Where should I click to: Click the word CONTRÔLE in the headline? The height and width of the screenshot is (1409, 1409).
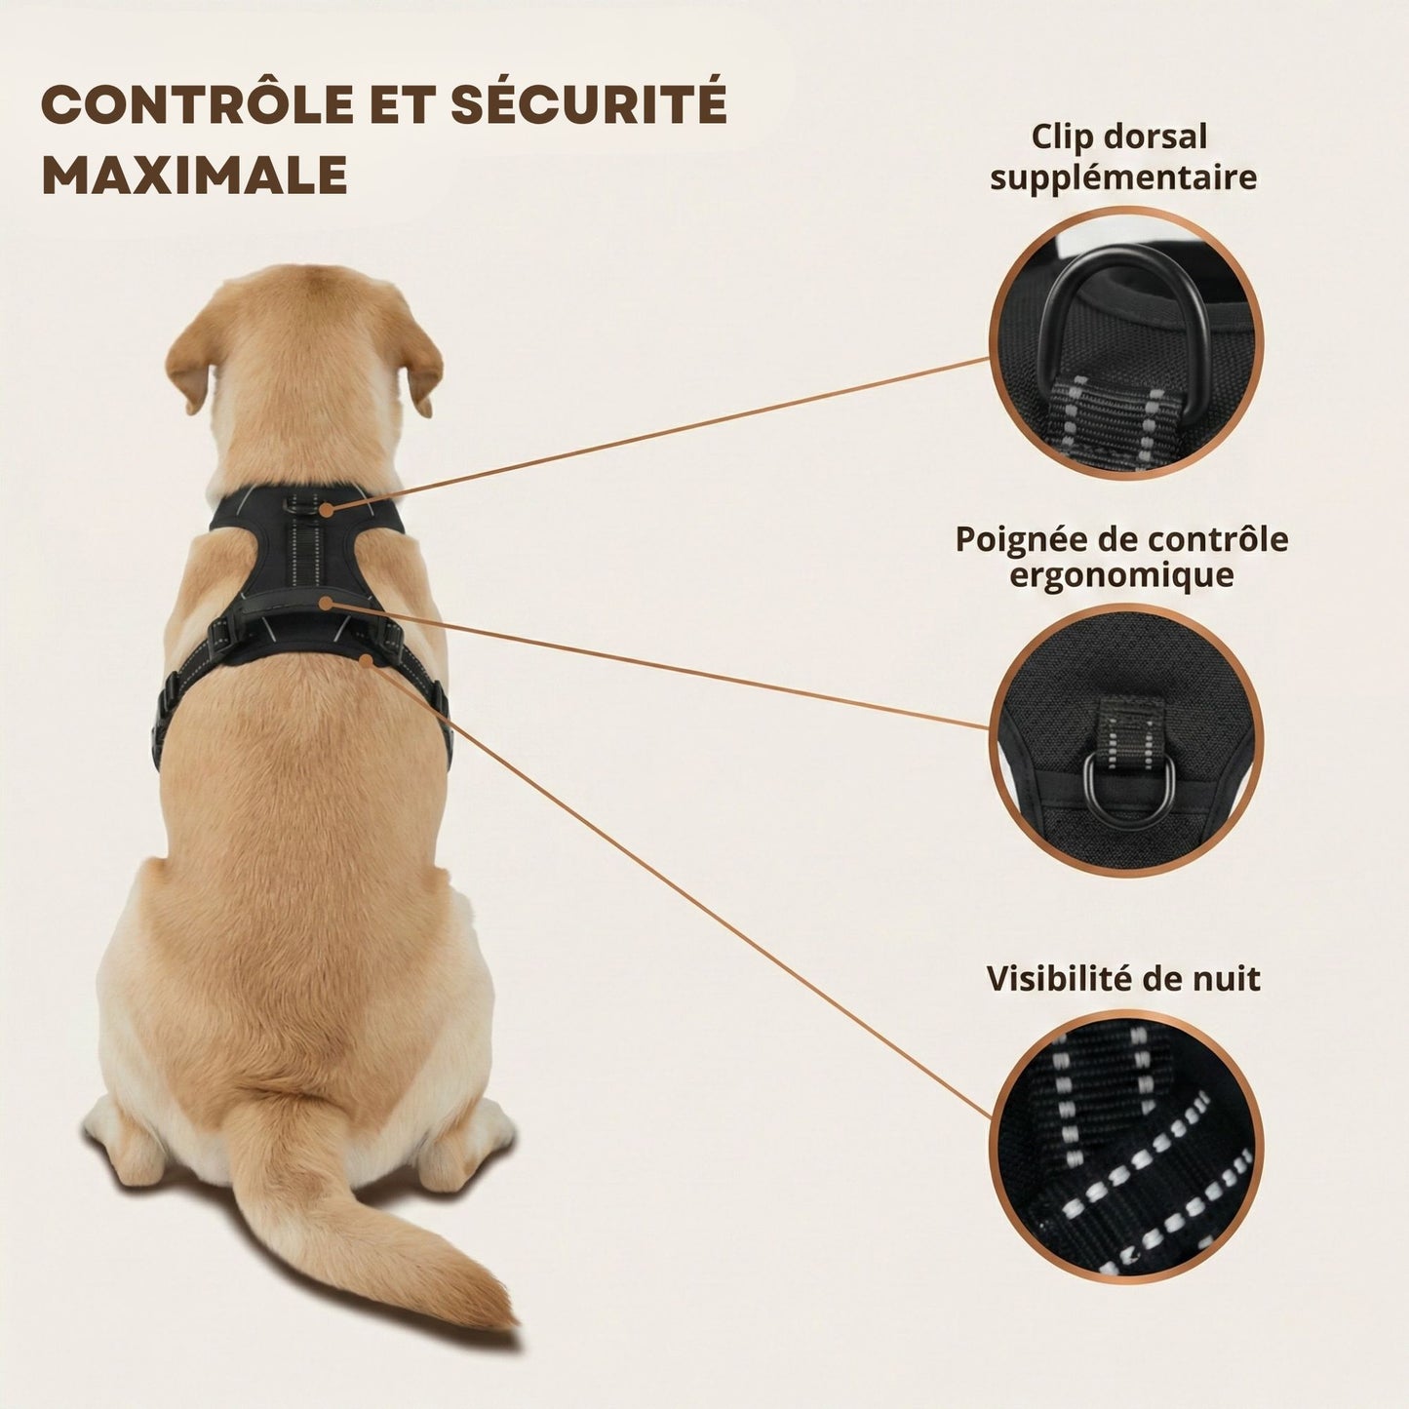[x=197, y=104]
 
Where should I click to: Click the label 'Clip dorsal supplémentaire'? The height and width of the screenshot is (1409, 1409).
[x=1123, y=156]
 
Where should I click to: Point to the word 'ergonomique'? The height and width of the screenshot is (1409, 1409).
[x=1121, y=576]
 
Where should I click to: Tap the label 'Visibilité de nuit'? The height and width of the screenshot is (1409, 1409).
[x=1123, y=978]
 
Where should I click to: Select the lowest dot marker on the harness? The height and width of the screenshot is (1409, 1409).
[x=366, y=660]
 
